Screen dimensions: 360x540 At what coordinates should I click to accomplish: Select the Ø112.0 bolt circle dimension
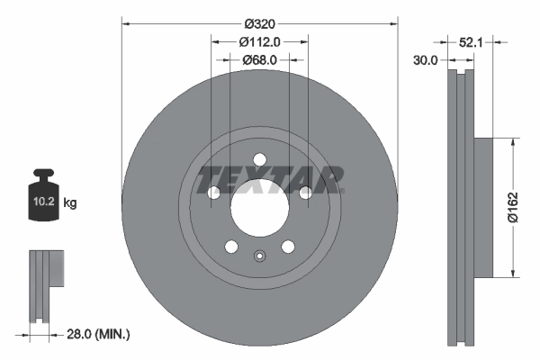[x=261, y=40]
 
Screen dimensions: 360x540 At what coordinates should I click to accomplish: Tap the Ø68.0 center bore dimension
[x=259, y=59]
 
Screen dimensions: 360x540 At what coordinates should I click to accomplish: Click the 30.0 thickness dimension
[x=425, y=60]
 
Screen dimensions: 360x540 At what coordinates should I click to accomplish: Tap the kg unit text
[x=70, y=203]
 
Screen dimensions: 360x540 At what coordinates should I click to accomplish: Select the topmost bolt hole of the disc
[x=259, y=160]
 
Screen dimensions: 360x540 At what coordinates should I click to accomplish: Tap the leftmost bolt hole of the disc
[x=214, y=193]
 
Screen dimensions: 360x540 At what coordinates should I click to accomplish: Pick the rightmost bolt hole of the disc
[x=305, y=193]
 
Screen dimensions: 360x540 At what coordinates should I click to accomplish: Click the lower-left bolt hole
[x=231, y=247]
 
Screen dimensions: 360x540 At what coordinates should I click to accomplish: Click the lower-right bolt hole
[x=288, y=247]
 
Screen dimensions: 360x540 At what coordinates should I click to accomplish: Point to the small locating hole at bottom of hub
[x=259, y=255]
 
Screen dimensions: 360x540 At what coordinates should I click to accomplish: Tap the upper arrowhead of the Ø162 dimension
[x=512, y=141]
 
